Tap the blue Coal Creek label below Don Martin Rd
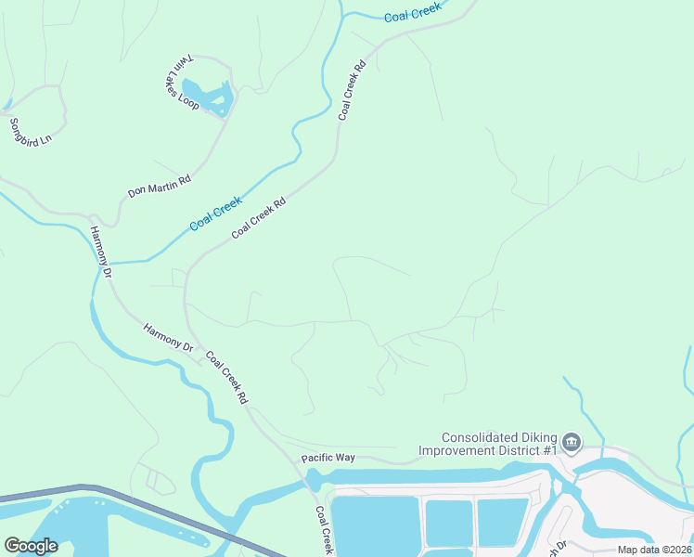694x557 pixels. [215, 214]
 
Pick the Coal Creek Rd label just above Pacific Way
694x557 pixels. [226, 376]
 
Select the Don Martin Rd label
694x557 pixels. [159, 183]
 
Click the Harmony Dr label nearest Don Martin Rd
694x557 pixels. [100, 253]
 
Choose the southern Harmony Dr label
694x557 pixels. [167, 337]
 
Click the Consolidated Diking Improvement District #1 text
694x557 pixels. [498, 444]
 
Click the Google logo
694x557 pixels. [31, 546]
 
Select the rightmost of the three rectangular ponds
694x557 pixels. [502, 520]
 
